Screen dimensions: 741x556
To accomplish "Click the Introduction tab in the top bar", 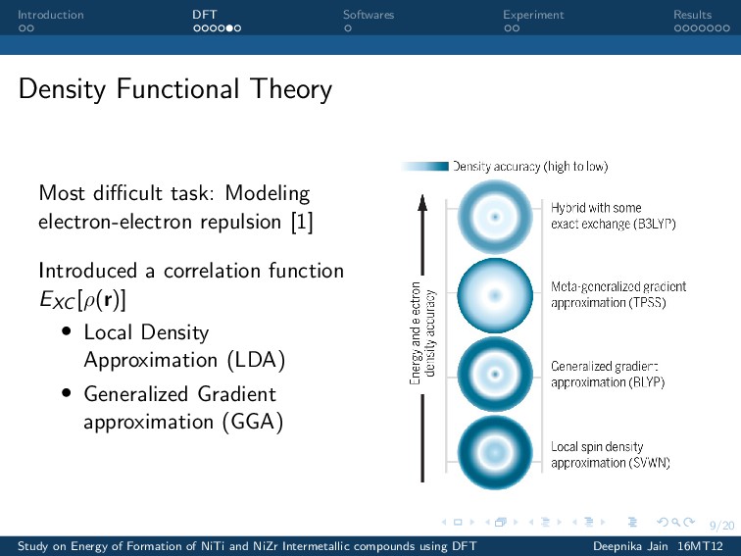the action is (51, 15).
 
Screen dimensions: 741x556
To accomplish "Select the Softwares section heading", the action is (369, 15).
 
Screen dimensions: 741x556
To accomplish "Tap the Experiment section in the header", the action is (533, 15).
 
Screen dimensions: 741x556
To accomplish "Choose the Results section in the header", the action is (692, 15).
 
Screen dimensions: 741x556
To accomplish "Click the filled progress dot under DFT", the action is (229, 28).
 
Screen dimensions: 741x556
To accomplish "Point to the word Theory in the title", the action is (291, 89).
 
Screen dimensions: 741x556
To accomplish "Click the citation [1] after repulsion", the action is (302, 222).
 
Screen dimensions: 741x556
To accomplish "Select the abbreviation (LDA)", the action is (256, 360).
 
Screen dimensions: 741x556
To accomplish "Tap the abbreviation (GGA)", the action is (253, 422).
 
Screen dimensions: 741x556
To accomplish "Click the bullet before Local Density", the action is (67, 331).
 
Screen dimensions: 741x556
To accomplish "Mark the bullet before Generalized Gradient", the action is (67, 392).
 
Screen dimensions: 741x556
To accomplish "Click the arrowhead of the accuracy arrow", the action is (422, 202).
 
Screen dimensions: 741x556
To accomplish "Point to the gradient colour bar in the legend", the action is (424, 166).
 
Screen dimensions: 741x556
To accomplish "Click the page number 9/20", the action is (721, 526).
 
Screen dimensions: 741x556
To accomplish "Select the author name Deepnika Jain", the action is (630, 546).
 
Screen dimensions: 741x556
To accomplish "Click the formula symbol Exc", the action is (57, 300).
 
